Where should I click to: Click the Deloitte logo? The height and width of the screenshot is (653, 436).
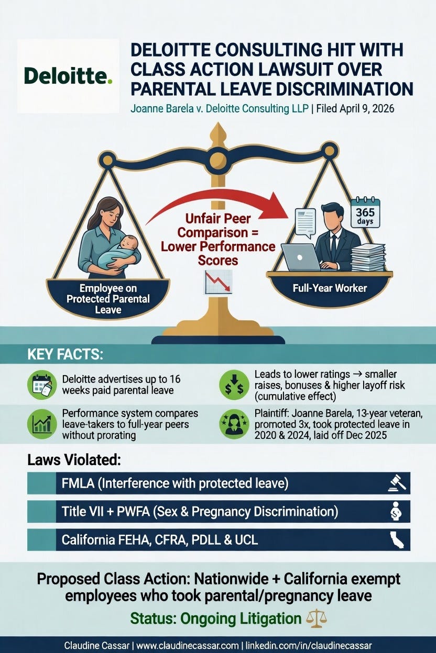[x=68, y=76]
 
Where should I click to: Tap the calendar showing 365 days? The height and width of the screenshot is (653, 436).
[x=365, y=213]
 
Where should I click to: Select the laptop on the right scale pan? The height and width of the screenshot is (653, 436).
[x=301, y=257]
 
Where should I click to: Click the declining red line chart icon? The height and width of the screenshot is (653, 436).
[x=218, y=282]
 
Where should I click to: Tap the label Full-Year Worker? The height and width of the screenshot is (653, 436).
[x=330, y=288]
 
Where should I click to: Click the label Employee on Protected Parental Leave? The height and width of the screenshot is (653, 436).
[x=108, y=299]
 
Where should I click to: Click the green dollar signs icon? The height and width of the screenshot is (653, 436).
[x=234, y=385]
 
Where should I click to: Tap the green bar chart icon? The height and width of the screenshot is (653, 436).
[x=42, y=424]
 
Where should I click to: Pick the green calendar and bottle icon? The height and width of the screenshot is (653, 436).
[x=42, y=385]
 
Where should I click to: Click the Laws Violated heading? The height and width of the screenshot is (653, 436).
[x=74, y=460]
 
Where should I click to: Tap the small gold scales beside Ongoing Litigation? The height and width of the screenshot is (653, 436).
[x=316, y=618]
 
